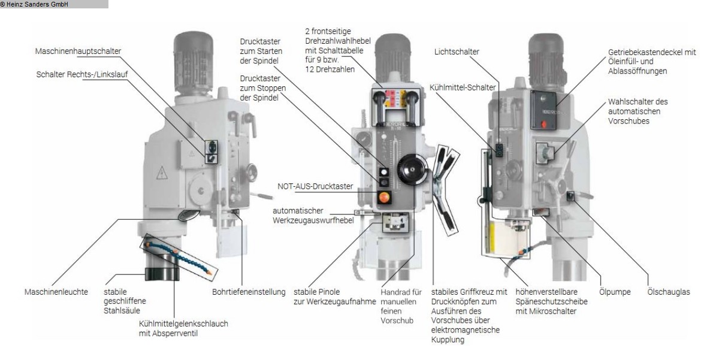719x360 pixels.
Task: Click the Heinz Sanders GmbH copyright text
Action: click(35, 4)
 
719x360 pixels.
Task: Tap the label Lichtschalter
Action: click(457, 52)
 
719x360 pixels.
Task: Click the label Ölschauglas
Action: click(669, 292)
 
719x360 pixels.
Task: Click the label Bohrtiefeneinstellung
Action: click(247, 292)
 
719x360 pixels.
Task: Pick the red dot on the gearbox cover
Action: click(544, 125)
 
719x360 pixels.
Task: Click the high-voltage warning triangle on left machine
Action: click(161, 173)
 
